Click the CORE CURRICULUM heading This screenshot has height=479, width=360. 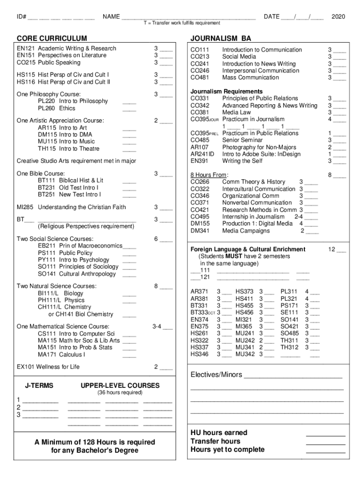pos(52,38)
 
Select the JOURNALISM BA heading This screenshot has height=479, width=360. pos(221,38)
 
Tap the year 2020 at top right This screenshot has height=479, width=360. pos(338,17)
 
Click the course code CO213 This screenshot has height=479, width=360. pos(200,57)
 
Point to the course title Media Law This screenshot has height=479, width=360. pos(236,112)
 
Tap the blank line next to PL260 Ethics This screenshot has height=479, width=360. pos(130,109)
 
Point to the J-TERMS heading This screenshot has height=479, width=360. pos(39,385)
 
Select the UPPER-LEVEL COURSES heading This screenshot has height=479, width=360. pos(120,385)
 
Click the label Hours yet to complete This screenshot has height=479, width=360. pos(227,450)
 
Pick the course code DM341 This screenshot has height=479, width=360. pos(200,231)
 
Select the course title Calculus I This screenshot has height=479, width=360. pos(72,354)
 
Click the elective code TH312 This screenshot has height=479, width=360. pos(289,347)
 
